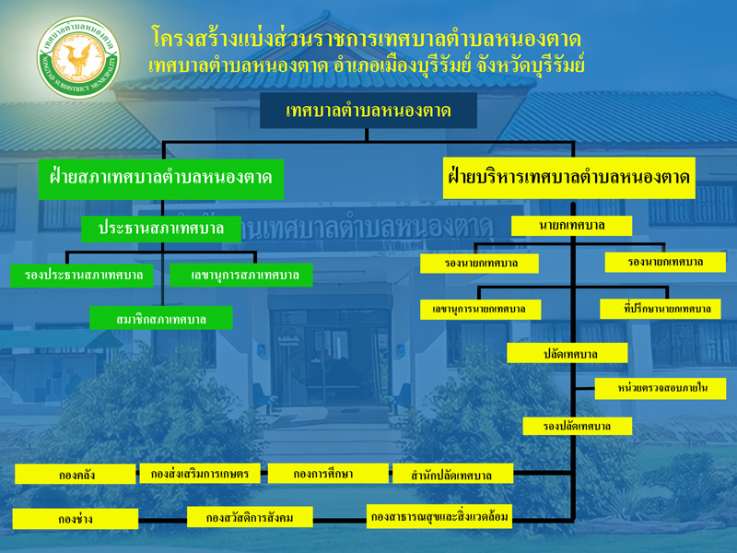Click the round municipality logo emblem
(78, 57)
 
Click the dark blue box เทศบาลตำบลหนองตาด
(368, 111)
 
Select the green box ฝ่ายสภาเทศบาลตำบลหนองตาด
(161, 179)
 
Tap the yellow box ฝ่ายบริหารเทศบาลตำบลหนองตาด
(569, 178)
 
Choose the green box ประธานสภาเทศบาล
(161, 229)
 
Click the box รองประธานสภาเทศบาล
(82, 275)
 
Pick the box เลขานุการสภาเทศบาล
(241, 275)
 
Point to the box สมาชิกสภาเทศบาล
(161, 318)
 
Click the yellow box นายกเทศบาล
(571, 226)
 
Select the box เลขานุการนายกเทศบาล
(480, 310)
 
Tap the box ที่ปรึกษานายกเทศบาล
(661, 309)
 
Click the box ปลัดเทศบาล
(567, 353)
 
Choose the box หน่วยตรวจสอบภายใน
(661, 388)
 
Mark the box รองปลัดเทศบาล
(578, 426)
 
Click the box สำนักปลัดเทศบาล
(452, 474)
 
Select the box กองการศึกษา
(328, 473)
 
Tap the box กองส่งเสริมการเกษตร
(200, 473)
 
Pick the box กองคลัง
(76, 474)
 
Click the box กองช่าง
(76, 519)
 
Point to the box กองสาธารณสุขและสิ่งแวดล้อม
(439, 516)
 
